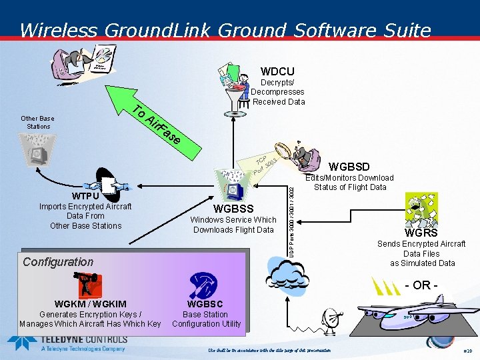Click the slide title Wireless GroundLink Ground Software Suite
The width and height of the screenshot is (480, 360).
click(225, 30)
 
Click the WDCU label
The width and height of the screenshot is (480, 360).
click(277, 71)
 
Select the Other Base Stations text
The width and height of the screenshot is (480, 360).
click(38, 122)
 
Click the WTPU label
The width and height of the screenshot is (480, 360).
click(85, 197)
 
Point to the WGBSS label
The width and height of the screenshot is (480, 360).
click(233, 209)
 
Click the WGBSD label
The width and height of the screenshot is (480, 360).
click(349, 166)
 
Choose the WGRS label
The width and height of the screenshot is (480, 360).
click(421, 233)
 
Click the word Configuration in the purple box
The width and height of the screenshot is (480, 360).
click(58, 262)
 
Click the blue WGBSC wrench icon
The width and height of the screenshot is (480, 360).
click(203, 285)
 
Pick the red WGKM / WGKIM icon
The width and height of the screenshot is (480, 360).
click(89, 285)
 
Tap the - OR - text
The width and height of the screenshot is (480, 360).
click(421, 285)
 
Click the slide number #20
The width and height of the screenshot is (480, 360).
click(467, 350)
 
